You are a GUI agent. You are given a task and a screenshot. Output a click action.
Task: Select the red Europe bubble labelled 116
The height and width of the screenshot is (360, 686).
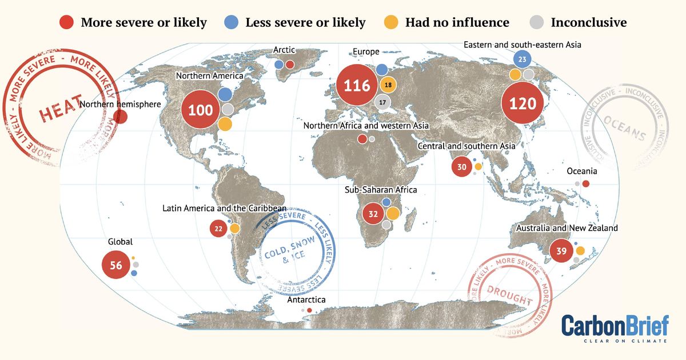pyautogui.click(x=357, y=86)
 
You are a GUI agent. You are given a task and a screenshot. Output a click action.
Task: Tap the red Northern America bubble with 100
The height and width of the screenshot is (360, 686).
pyautogui.click(x=200, y=110)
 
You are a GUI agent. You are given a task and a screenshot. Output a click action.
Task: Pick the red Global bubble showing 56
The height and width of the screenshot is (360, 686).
pyautogui.click(x=116, y=265)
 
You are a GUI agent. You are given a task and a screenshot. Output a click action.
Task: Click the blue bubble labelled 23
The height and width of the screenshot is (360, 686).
pyautogui.click(x=522, y=59)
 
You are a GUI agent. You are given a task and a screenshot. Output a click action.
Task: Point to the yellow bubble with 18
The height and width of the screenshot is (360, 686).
pyautogui.click(x=388, y=85)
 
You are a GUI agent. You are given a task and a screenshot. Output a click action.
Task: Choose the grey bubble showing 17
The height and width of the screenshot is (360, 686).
pyautogui.click(x=382, y=102)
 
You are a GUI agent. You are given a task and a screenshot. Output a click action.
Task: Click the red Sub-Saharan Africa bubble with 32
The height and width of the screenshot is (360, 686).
pyautogui.click(x=373, y=214)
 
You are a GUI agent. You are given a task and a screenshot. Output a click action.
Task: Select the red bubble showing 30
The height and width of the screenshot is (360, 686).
pyautogui.click(x=462, y=167)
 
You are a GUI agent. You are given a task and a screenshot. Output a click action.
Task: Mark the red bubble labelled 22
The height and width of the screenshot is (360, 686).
pyautogui.click(x=218, y=229)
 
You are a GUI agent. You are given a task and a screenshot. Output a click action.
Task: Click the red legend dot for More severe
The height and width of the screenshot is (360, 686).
pyautogui.click(x=67, y=22)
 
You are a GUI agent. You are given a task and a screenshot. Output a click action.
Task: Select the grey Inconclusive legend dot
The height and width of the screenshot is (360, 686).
pyautogui.click(x=537, y=22)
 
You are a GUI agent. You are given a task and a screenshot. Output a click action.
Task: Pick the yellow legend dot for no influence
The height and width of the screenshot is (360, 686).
pyautogui.click(x=391, y=22)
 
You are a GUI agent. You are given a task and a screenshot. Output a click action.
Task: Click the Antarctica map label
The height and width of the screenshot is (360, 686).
pyautogui.click(x=306, y=299)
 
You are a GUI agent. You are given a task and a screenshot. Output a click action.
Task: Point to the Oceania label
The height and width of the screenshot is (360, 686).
pyautogui.click(x=581, y=171)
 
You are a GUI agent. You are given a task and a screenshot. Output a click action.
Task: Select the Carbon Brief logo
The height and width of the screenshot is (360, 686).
pyautogui.click(x=615, y=328)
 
